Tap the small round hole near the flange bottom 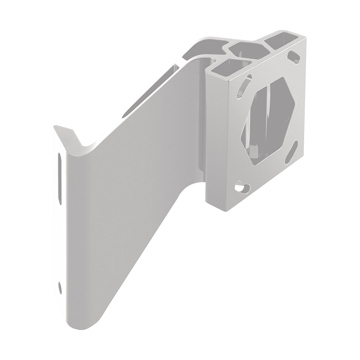tap(60, 287)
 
